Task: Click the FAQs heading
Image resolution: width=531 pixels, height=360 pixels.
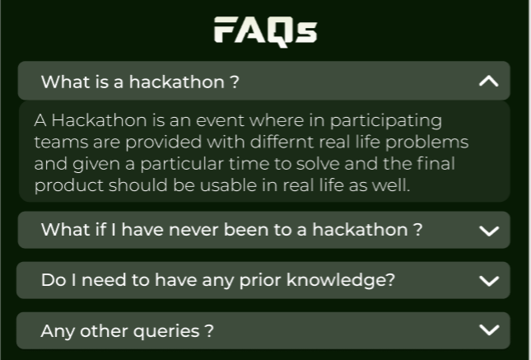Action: pos(265,30)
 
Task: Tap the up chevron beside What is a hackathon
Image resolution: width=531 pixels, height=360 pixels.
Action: pos(488,81)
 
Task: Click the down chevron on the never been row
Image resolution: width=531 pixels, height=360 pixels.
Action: pos(488,231)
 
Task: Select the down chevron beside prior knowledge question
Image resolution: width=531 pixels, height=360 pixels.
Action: pos(488,281)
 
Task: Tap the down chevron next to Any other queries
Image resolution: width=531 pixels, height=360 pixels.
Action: pos(488,330)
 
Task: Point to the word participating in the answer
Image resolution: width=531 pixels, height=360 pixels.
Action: pos(391,120)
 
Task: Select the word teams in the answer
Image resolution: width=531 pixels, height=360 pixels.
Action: pos(57,142)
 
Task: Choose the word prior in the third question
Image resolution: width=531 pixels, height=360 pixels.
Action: pos(248,280)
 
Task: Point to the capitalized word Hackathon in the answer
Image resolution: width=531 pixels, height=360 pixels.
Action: pos(91,120)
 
